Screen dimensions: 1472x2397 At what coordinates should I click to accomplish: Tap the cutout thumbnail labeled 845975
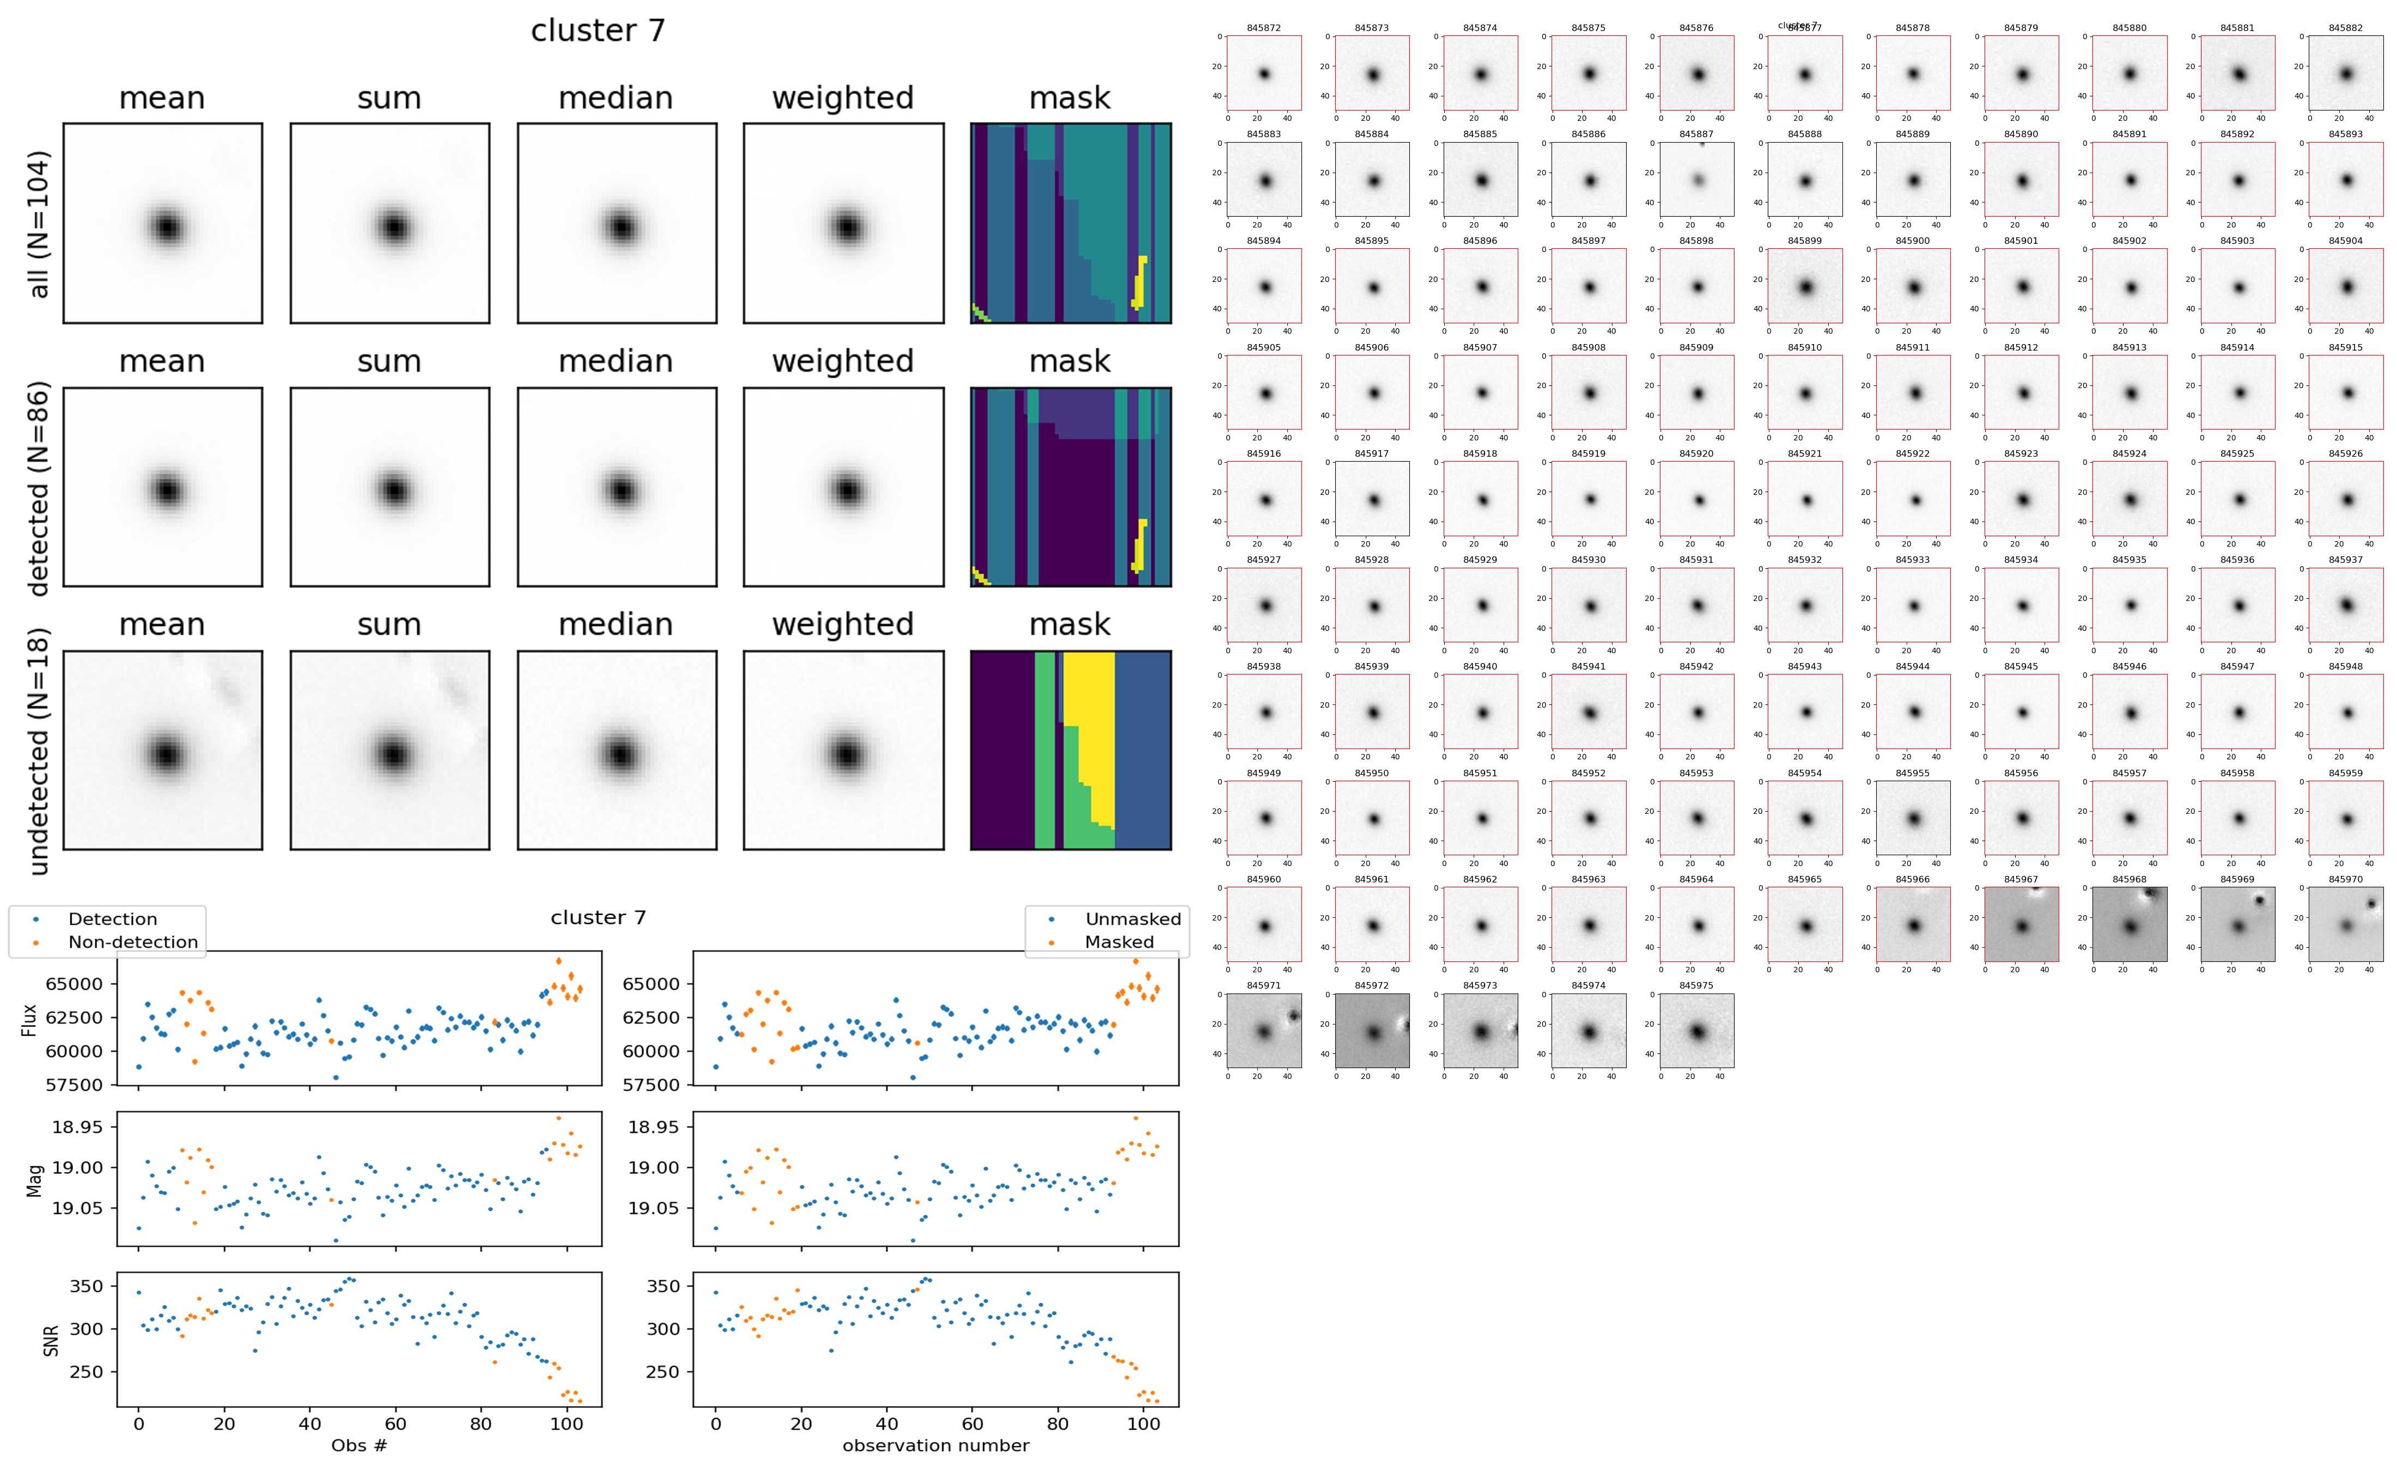pos(1696,1031)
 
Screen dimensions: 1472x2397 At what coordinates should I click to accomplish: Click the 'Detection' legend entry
pos(112,919)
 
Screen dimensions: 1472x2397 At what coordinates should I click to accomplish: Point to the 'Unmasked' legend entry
pos(1133,919)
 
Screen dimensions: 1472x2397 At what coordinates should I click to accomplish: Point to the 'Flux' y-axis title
pos(30,1019)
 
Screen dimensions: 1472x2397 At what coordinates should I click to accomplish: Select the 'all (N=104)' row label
pos(39,224)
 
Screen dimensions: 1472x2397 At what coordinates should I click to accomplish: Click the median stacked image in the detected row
pos(617,487)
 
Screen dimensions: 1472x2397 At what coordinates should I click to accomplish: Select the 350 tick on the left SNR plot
pos(86,1286)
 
